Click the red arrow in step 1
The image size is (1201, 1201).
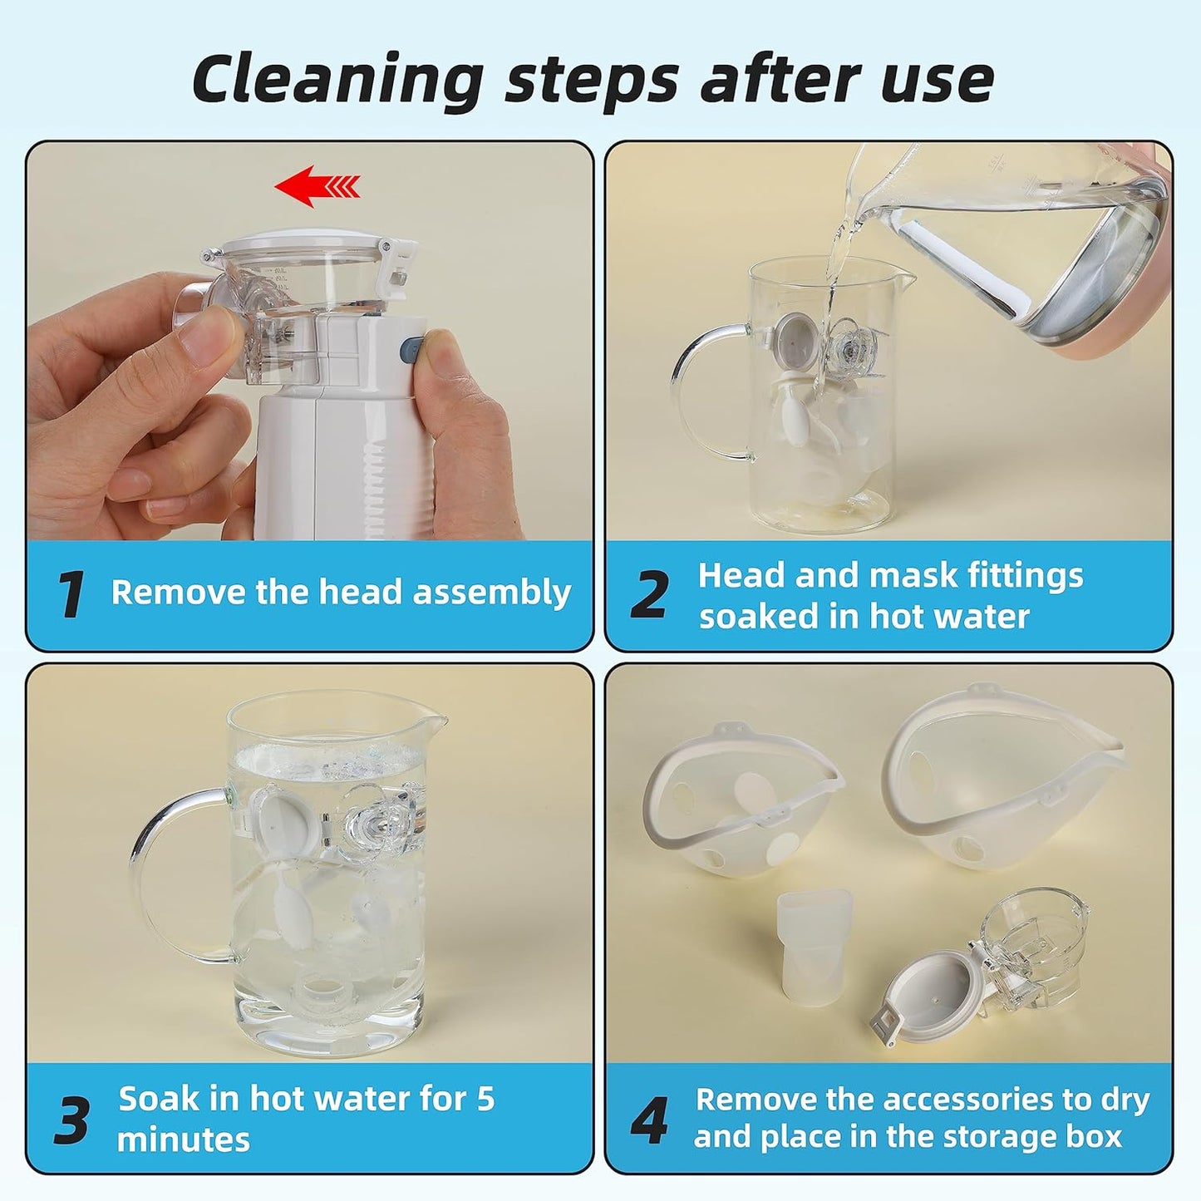317,185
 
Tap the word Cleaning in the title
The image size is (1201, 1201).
337,79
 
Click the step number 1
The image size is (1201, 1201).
71,594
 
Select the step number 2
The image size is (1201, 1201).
649,594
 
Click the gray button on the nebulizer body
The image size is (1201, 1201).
412,347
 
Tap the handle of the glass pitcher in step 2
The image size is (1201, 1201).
704,392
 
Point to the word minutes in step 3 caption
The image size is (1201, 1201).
183,1139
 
